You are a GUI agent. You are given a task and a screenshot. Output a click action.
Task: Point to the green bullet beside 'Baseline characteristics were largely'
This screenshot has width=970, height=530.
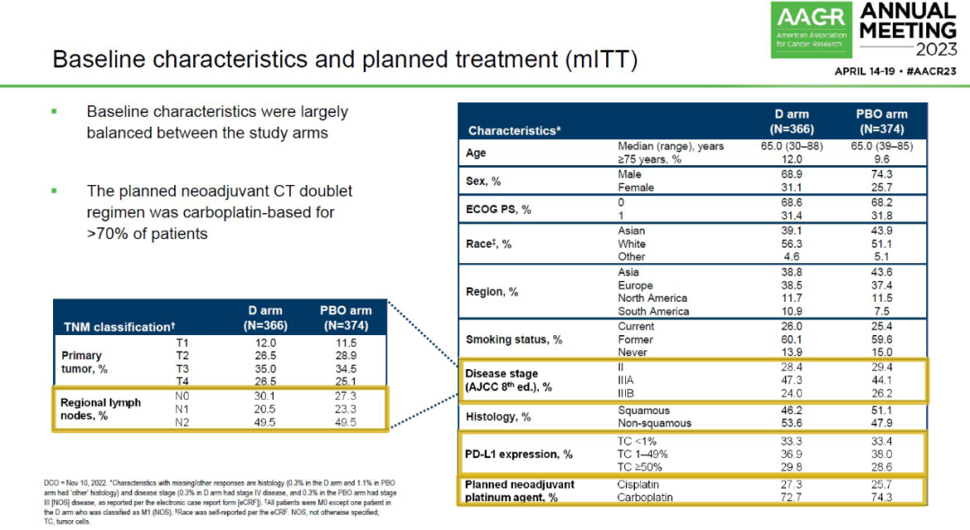pyautogui.click(x=54, y=111)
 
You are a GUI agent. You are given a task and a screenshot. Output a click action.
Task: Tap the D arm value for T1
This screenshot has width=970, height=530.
pyautogui.click(x=265, y=343)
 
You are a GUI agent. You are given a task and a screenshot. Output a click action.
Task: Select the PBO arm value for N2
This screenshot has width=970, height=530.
pyautogui.click(x=345, y=422)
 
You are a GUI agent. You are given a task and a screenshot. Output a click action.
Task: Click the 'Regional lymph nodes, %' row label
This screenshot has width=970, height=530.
pyautogui.click(x=101, y=409)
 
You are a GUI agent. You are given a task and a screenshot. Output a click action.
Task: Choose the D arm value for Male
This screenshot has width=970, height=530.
pyautogui.click(x=791, y=173)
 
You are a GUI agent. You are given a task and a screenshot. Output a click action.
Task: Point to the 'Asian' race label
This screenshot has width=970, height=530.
pyautogui.click(x=631, y=231)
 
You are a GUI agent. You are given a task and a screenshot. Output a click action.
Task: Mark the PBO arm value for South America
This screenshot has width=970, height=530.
pyautogui.click(x=881, y=311)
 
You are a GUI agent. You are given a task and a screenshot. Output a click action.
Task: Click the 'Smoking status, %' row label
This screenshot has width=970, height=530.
pyautogui.click(x=514, y=340)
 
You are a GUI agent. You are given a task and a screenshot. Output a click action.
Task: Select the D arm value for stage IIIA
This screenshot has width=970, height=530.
pyautogui.click(x=791, y=380)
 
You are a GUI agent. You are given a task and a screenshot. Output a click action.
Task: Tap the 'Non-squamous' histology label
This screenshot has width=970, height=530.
pyautogui.click(x=655, y=422)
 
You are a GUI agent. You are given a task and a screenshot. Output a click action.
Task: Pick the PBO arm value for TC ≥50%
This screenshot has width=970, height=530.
pyautogui.click(x=881, y=467)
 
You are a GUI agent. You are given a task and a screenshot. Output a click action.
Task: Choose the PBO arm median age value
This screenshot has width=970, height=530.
pyautogui.click(x=881, y=146)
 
